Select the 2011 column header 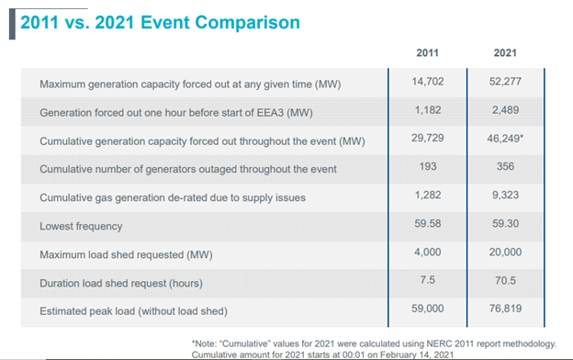(429, 53)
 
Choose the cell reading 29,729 (429, 141)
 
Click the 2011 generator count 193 (429, 169)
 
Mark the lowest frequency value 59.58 (429, 225)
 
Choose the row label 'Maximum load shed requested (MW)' (132, 253)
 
